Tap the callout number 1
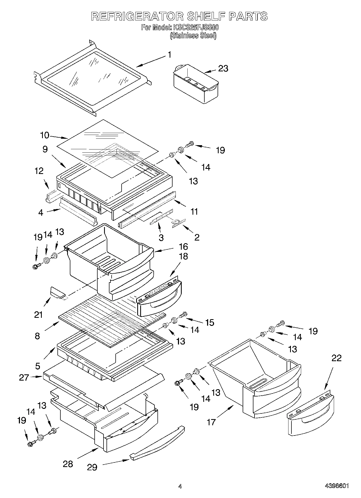pos(169,55)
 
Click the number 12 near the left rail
pos(39,171)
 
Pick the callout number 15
pos(209,322)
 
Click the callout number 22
pos(336,358)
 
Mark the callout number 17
pos(211,422)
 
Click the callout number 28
pos(68,464)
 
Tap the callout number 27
pos(24,377)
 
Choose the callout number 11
pos(194,211)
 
